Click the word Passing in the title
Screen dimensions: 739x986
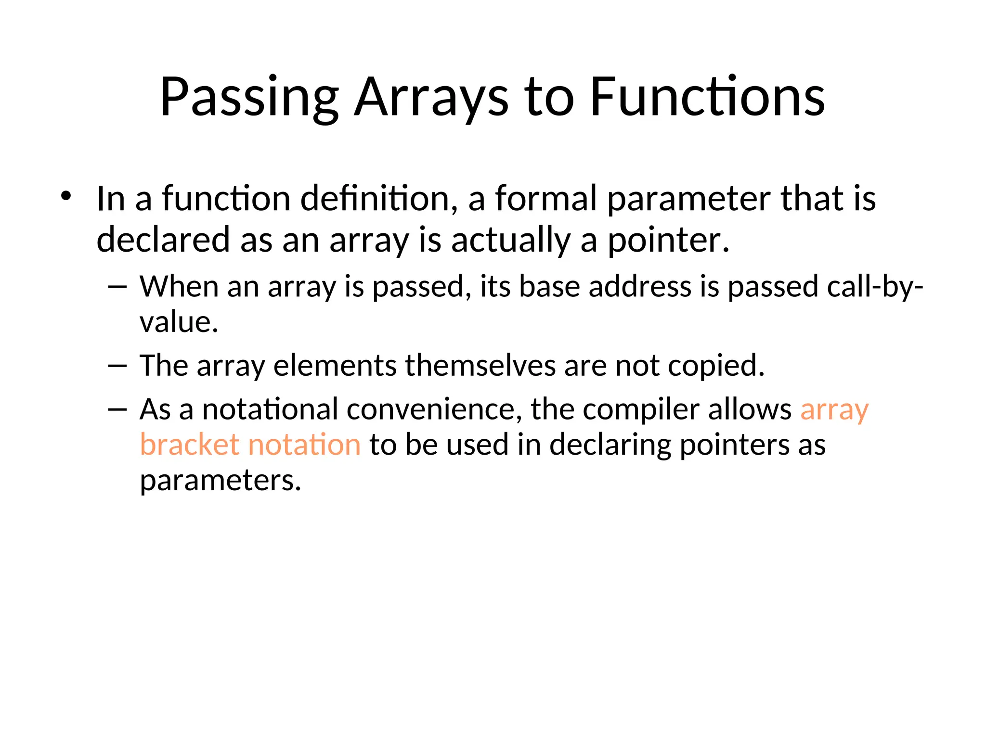(x=249, y=97)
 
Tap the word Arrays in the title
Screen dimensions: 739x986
(x=431, y=97)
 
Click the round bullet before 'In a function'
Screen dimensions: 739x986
(x=66, y=196)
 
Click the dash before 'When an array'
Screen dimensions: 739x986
(x=117, y=287)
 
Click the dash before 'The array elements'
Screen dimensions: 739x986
(x=117, y=366)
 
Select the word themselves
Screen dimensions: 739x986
(x=480, y=366)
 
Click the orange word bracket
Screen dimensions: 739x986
(x=189, y=445)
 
